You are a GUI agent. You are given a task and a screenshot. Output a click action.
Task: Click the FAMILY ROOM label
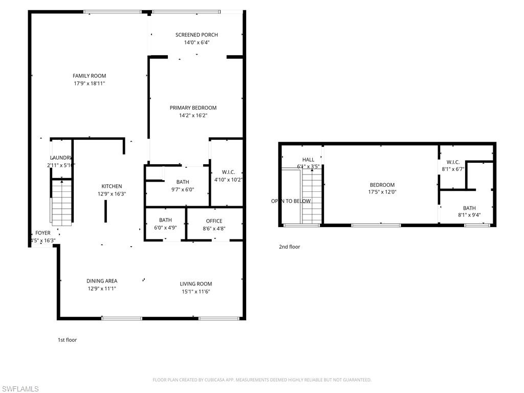coord(89,76)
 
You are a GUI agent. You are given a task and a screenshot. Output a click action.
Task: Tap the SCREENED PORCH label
coord(196,35)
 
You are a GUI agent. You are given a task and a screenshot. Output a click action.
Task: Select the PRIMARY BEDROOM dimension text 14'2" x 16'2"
coord(193,116)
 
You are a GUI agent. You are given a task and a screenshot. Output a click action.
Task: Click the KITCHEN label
coord(112,186)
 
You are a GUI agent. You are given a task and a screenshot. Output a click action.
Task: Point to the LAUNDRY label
coord(61,158)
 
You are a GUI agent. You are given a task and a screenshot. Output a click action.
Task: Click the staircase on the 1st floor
coord(61,203)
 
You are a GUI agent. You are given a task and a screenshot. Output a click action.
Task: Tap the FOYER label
coord(43,233)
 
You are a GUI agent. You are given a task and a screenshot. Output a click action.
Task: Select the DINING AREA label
coord(102,281)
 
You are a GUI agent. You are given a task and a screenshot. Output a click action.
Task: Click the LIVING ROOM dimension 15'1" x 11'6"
coord(195,292)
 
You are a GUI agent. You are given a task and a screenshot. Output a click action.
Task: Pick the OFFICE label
coord(214,221)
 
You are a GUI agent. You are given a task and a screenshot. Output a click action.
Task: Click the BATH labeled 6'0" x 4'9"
coord(165,221)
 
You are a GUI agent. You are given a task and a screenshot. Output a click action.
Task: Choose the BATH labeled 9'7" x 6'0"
coord(183,182)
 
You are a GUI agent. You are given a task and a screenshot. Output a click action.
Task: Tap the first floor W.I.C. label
coord(228,172)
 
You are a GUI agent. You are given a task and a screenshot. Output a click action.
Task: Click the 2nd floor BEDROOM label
coord(382,185)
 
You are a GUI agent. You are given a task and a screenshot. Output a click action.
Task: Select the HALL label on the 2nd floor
coord(308,160)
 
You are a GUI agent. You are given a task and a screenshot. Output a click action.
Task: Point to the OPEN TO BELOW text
coord(291,201)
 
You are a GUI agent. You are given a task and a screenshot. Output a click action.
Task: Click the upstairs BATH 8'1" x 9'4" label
coord(469,208)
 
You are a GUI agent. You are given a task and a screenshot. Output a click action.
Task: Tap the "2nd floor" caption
coord(289,247)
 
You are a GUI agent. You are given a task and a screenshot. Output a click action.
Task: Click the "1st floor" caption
coord(67,339)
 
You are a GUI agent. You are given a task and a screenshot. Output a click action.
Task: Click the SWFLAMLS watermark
coord(20,389)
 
